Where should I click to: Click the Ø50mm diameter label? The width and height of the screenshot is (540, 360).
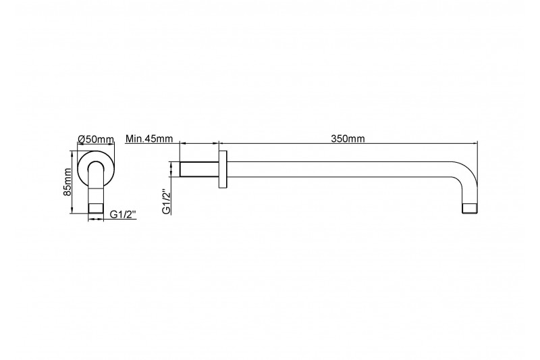point(96,139)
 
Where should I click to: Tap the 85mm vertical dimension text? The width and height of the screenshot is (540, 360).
point(67,182)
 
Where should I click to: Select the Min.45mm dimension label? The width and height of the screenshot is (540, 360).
point(149,138)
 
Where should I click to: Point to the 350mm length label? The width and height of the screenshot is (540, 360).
point(348,138)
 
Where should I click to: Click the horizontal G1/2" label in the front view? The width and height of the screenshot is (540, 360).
point(123,214)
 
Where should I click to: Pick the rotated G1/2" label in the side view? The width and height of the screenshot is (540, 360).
point(167,202)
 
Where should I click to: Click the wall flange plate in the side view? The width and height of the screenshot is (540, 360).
point(223,169)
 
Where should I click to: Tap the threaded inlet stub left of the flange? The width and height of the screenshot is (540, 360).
point(199,169)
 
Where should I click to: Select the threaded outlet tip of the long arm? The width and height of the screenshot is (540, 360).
point(470,209)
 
